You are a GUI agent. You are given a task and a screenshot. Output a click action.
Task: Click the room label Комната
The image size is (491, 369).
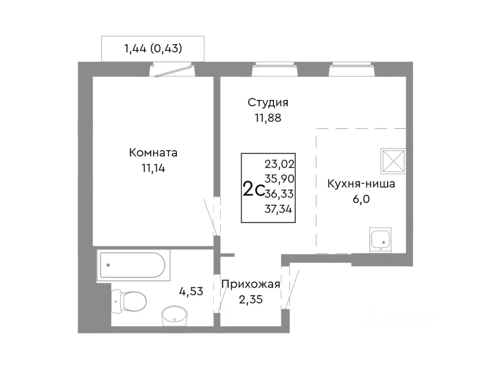[153, 153]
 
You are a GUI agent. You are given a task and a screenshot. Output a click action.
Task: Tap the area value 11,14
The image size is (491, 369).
[153, 168]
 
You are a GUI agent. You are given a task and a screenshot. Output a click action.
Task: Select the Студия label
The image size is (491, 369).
[268, 103]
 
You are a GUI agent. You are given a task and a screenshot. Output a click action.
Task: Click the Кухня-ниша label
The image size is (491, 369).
[361, 184]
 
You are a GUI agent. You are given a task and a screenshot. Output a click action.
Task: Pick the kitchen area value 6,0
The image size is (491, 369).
[361, 199]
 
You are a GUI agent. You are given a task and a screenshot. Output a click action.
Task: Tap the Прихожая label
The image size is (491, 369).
[250, 284]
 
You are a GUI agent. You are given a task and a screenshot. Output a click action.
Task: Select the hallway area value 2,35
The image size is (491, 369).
[250, 299]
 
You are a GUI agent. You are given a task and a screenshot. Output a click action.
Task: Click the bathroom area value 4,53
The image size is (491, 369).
[191, 291]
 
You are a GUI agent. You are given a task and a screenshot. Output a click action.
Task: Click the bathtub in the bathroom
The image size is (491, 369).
[132, 265]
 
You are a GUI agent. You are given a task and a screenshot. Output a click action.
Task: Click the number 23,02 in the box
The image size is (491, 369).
[279, 165]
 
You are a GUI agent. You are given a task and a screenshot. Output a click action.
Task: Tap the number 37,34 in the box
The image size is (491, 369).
[278, 209]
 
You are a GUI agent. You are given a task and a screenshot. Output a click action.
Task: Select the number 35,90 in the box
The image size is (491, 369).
[279, 179]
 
